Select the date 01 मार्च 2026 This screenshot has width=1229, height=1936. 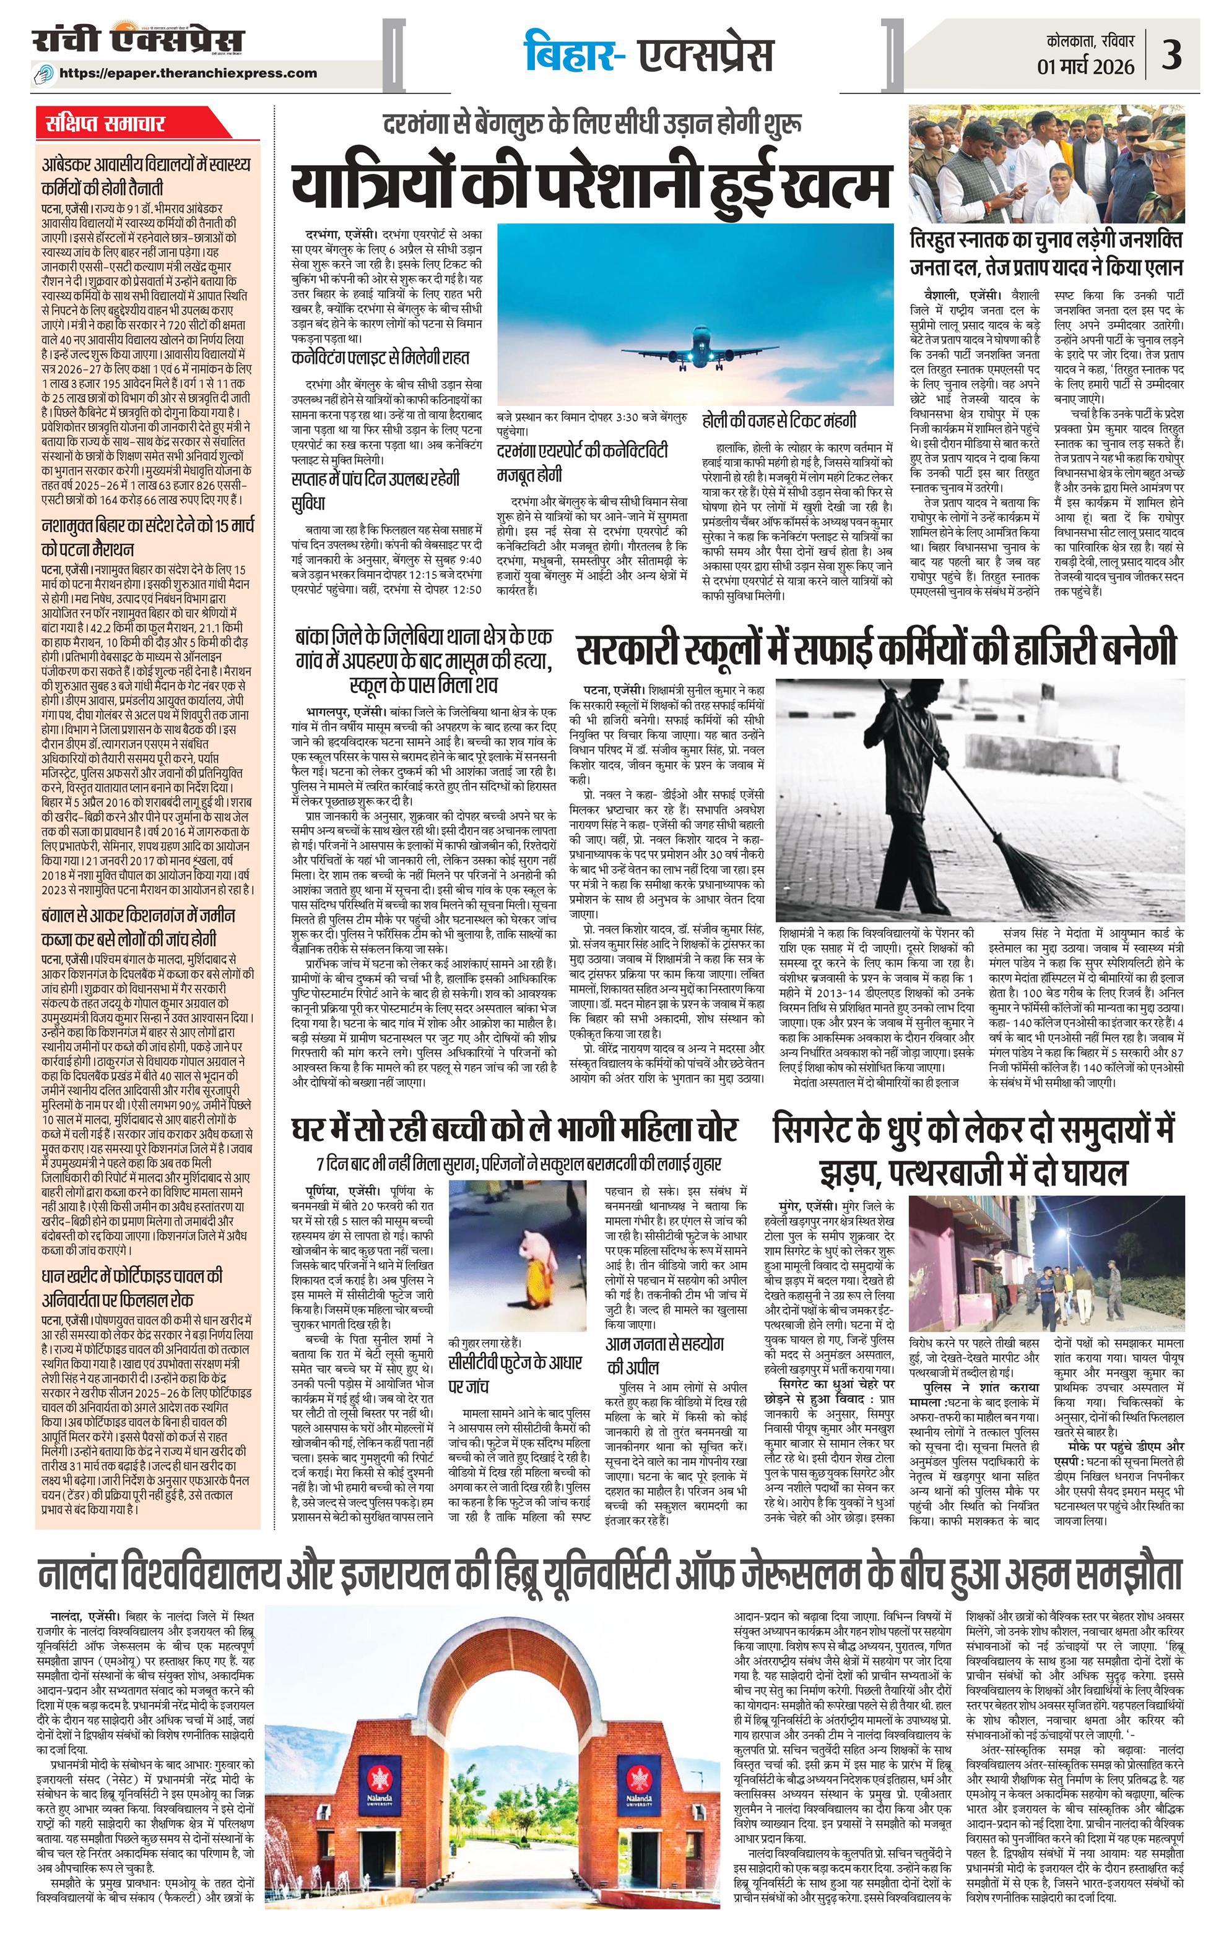[x=1086, y=66]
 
